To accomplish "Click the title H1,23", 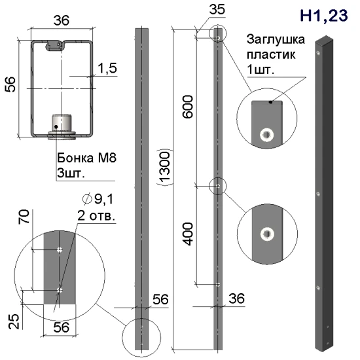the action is point(324,16).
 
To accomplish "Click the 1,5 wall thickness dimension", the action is point(107,68).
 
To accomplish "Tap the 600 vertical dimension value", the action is point(188,107).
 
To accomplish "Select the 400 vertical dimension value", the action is point(188,234).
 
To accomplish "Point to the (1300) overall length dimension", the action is point(164,167).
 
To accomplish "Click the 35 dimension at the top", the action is point(217,10).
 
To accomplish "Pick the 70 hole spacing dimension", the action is point(24,217).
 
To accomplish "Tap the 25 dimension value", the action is point(14,321).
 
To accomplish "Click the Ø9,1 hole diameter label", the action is point(98,199).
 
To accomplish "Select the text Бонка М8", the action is point(87,158).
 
